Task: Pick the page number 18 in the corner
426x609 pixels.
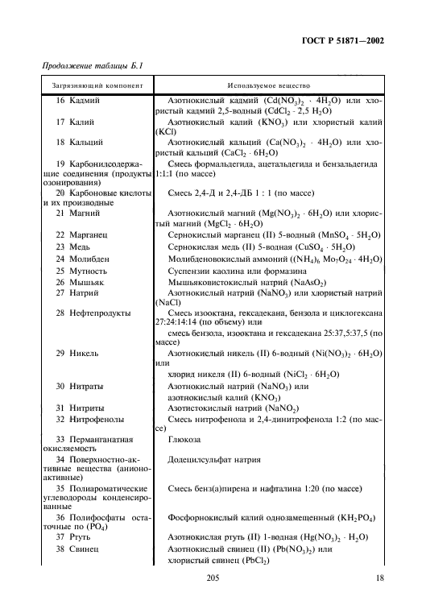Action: tap(379, 578)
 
